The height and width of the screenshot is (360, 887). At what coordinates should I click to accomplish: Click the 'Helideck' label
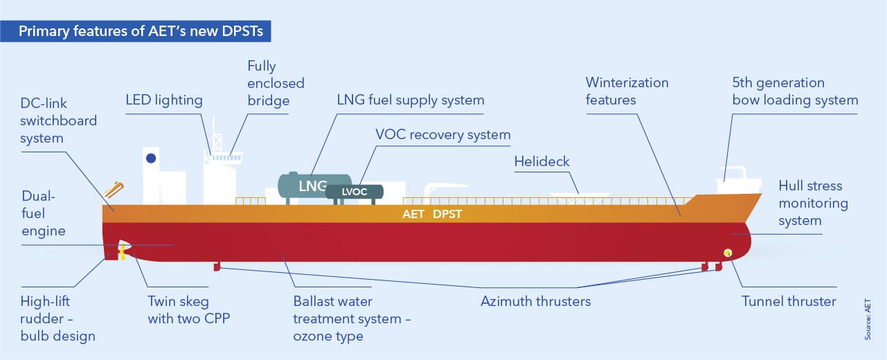pos(541,161)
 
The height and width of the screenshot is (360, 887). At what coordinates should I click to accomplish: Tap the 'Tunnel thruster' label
pos(789,301)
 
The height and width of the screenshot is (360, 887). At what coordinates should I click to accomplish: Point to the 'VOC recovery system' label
pos(442,134)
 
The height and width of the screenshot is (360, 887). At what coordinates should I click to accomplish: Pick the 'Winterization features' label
pos(627,91)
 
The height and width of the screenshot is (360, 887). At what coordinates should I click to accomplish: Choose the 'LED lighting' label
pos(164,100)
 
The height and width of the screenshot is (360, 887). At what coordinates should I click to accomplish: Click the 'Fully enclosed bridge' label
pos(276,83)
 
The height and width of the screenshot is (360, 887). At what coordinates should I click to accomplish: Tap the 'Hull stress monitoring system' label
pos(813,204)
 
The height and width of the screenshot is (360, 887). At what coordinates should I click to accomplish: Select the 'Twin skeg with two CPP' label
pos(178,310)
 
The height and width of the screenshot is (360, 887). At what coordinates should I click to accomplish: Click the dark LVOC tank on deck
pos(355,192)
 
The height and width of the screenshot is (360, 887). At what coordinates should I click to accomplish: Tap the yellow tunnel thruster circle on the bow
pos(728,252)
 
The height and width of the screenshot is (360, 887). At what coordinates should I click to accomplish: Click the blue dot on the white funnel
pos(151,159)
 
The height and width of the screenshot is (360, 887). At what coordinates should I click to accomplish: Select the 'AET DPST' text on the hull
pos(431,215)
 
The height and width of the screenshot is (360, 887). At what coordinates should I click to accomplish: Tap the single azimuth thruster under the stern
pos(217,266)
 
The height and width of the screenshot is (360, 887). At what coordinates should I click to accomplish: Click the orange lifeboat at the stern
pos(114,188)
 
